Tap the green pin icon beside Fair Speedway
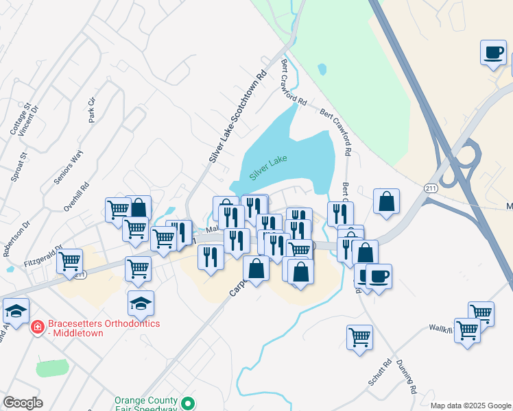(188, 403)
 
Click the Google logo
(23, 403)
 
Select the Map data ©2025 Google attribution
(470, 406)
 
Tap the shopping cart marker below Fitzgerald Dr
(70, 261)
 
